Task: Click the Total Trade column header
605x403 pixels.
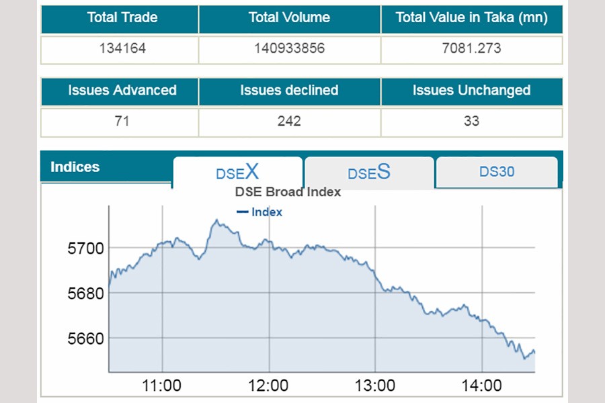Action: tap(122, 18)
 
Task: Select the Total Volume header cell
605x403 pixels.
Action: tap(289, 18)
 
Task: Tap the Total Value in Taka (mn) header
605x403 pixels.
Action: tap(471, 18)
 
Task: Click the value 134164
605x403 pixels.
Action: tap(122, 49)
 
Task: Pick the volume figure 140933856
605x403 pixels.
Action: tap(289, 49)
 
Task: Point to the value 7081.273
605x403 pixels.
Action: tap(471, 49)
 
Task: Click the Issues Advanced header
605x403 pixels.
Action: tap(122, 91)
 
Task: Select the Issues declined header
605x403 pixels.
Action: tap(289, 91)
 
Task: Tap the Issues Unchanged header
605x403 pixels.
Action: tap(471, 91)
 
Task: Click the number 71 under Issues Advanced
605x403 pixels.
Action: tap(122, 122)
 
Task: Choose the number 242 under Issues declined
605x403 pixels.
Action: tap(289, 122)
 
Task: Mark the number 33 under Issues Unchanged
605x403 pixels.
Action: tap(471, 122)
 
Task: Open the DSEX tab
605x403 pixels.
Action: tap(237, 172)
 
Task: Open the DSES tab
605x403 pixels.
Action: tap(368, 172)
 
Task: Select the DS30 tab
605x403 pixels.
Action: tap(497, 172)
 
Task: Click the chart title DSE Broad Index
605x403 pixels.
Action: tap(288, 192)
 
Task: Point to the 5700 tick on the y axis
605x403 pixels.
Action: tap(86, 249)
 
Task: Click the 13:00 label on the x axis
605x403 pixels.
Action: tap(375, 386)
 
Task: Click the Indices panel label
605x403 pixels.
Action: tap(75, 167)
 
